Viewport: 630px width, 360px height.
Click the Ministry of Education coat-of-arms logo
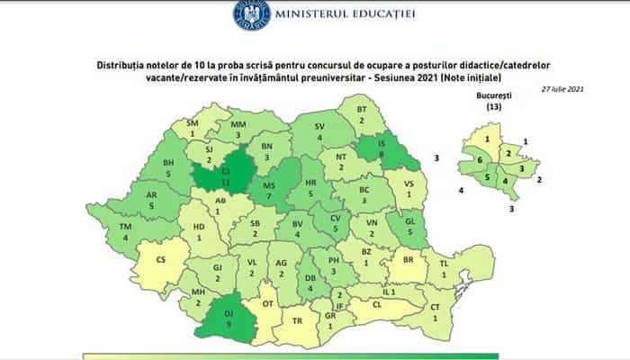pos(253,15)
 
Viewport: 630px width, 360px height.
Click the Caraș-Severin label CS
pos(162,260)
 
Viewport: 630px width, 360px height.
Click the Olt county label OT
pos(266,304)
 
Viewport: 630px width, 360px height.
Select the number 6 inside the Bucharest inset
pos(481,159)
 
